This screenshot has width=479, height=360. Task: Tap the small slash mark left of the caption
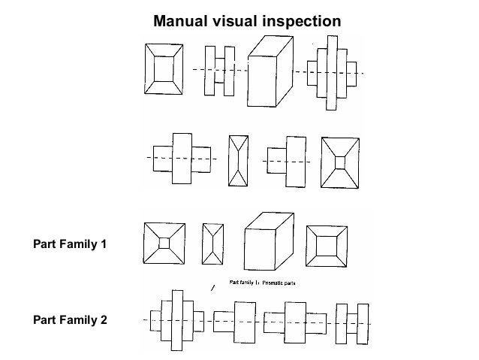(214, 288)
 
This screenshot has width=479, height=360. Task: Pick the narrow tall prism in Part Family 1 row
(212, 244)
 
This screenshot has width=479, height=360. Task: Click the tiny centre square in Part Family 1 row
(164, 243)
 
